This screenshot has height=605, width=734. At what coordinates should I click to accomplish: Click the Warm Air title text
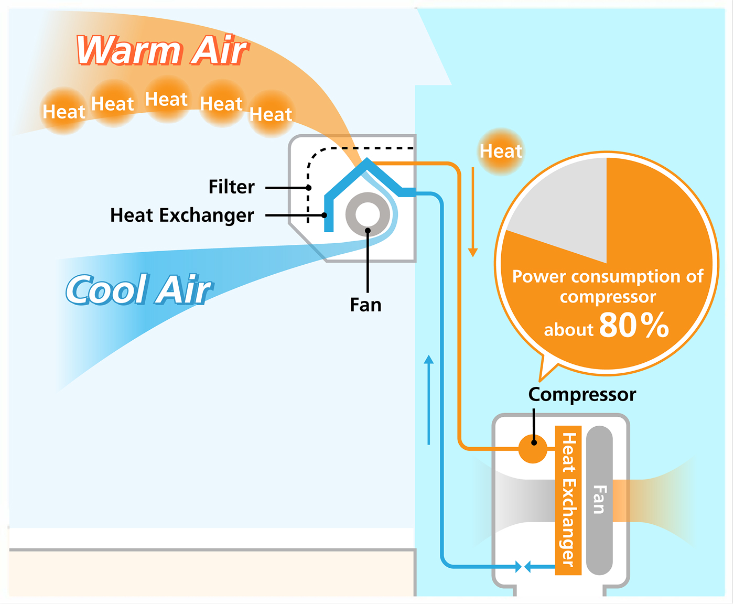pyautogui.click(x=161, y=51)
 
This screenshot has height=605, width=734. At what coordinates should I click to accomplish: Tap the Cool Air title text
pyautogui.click(x=138, y=289)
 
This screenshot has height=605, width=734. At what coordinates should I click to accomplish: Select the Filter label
pyautogui.click(x=231, y=187)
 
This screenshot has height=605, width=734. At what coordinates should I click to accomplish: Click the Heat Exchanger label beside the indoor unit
pyautogui.click(x=182, y=215)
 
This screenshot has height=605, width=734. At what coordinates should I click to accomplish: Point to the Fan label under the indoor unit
pyautogui.click(x=365, y=305)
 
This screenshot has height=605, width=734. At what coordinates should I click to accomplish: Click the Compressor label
pyautogui.click(x=582, y=394)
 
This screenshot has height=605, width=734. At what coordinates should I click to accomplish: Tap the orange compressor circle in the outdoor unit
pyautogui.click(x=533, y=449)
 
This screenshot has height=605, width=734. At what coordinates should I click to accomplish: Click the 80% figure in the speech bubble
pyautogui.click(x=633, y=326)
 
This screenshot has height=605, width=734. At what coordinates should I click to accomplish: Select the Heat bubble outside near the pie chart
pyautogui.click(x=501, y=152)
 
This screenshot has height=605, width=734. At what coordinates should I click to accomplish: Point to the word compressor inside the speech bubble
pyautogui.click(x=608, y=297)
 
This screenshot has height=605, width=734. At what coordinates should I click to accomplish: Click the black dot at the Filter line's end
pyautogui.click(x=309, y=188)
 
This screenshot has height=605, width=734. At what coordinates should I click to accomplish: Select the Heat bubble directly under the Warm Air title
pyautogui.click(x=166, y=99)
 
